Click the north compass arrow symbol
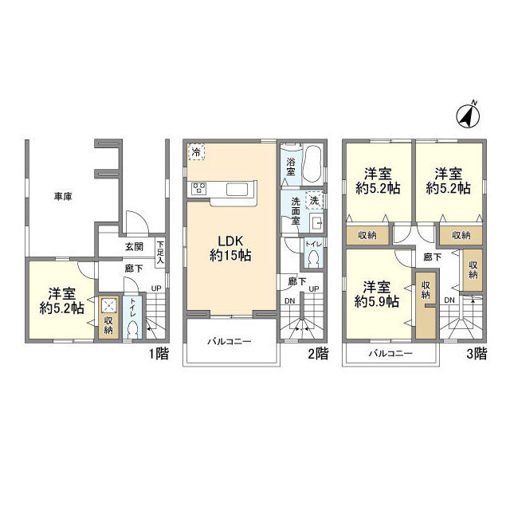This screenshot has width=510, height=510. [x=467, y=116]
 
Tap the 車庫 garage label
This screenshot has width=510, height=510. [x=63, y=197]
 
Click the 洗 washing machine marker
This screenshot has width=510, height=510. [x=314, y=200]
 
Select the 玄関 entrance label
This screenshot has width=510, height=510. [x=133, y=247]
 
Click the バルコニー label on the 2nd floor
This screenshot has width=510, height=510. [x=229, y=342]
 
